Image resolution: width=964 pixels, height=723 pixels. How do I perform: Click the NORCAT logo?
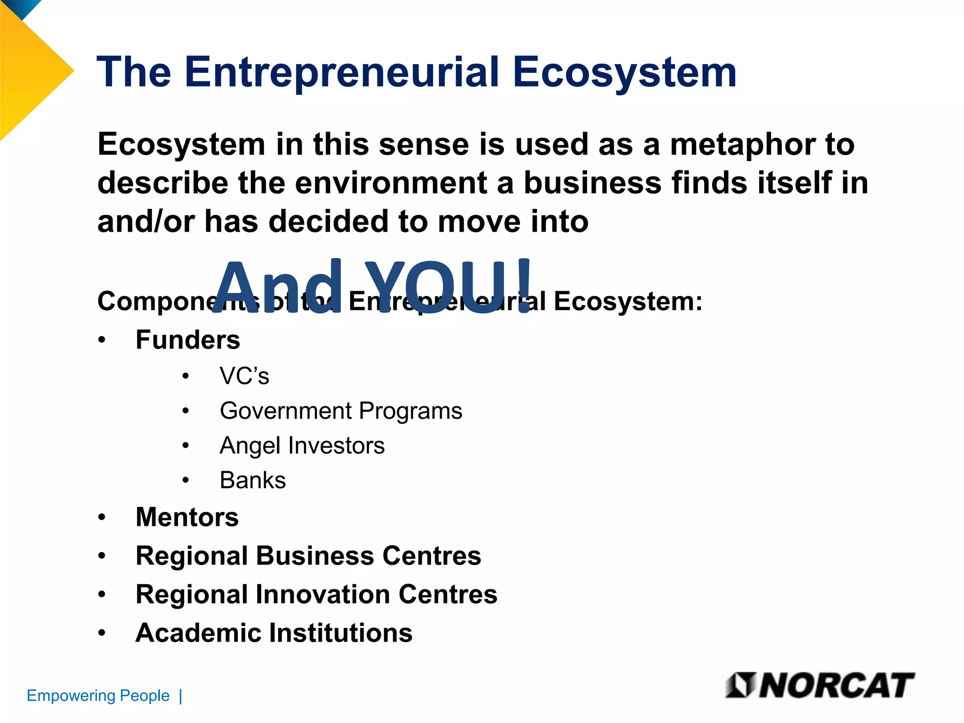[820, 685]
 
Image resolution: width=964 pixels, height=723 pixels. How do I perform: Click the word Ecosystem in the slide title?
[625, 73]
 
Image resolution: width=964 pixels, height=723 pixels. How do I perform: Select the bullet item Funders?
[187, 339]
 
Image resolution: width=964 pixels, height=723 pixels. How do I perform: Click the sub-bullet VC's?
[244, 376]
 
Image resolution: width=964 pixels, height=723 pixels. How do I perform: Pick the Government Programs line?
[341, 410]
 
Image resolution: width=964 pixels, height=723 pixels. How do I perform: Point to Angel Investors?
[302, 445]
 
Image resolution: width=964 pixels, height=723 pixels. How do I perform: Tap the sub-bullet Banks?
[253, 480]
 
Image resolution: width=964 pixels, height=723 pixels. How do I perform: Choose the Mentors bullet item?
[187, 517]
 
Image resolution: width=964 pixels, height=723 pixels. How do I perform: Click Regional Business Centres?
[308, 555]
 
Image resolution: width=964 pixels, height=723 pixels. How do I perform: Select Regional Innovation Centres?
[316, 594]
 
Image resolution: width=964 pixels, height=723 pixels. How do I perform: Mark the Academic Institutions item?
[274, 633]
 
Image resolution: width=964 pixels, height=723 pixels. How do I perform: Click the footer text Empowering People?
[98, 695]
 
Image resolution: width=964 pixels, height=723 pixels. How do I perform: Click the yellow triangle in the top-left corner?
[33, 75]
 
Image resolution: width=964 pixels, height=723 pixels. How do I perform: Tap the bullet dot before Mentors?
[102, 517]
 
